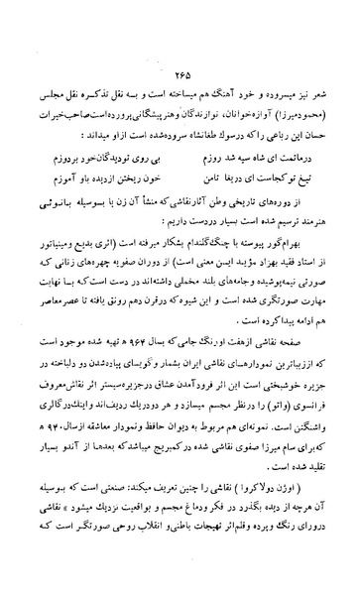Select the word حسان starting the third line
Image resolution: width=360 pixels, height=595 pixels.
(x=322, y=104)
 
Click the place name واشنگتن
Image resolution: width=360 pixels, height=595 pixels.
(x=316, y=386)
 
